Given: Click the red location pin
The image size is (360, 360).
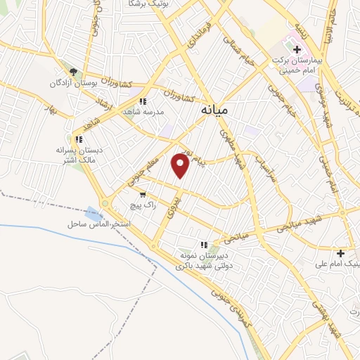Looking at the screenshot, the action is pyautogui.click(x=181, y=165).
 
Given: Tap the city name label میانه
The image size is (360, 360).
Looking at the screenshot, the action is pyautogui.click(x=215, y=110).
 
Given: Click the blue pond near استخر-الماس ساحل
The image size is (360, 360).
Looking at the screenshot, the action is pyautogui.click(x=94, y=212).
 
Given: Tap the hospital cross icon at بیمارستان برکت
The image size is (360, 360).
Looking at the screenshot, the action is pyautogui.click(x=297, y=50).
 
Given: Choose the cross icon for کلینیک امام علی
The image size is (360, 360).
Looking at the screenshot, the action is pyautogui.click(x=341, y=253).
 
